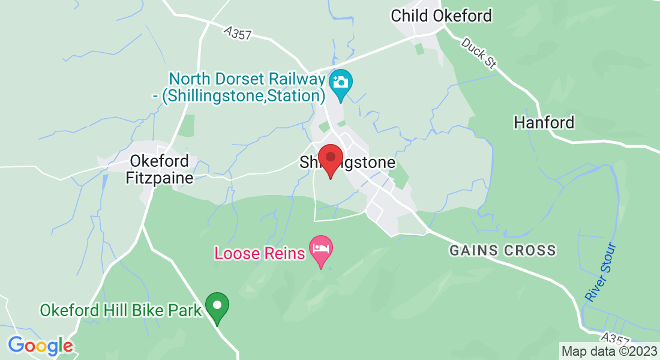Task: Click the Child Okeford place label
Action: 441,16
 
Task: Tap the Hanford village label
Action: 544,123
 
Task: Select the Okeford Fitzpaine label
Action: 160,170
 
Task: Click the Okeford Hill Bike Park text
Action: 121,311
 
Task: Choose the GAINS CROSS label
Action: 502,250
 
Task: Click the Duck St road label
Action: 476,52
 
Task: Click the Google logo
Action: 40,346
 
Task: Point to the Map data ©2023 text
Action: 608,351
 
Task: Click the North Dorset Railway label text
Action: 247,87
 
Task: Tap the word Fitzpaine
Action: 160,178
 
